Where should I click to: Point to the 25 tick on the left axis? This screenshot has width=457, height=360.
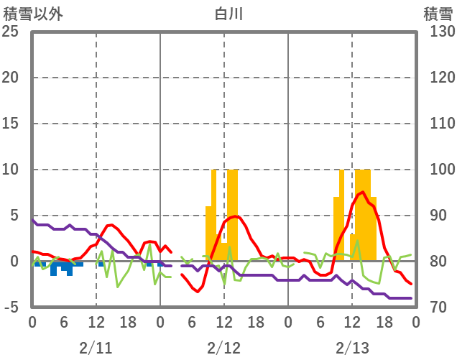coord(11,32)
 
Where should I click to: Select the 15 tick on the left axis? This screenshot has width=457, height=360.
coord(11,124)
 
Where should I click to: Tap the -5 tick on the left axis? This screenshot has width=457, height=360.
coord(11,308)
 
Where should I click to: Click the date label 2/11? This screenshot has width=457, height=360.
coord(96,349)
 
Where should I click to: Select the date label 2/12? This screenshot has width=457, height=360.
coord(223,349)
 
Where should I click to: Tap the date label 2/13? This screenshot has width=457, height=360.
coord(351,349)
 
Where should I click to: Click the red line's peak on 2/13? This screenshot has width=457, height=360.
coord(363,193)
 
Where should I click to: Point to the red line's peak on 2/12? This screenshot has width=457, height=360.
coord(236,216)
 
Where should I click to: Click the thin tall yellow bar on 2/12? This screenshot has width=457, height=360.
coord(214,208)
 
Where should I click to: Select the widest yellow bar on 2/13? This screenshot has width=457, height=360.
coord(363,216)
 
